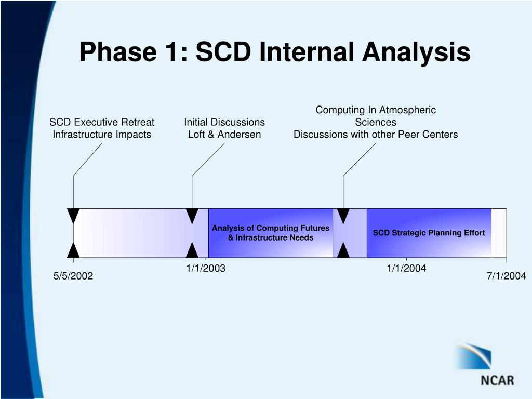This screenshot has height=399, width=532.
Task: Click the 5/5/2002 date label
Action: (73, 276)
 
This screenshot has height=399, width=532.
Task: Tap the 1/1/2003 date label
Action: (206, 269)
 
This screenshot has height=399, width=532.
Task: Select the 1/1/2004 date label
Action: (406, 269)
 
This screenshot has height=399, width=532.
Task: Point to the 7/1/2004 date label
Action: (507, 276)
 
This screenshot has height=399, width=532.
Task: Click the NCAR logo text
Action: (497, 380)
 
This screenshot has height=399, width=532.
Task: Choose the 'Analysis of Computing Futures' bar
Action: (270, 233)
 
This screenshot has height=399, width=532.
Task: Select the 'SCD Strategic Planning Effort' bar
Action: (429, 233)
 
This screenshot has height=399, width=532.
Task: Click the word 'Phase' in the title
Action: (118, 51)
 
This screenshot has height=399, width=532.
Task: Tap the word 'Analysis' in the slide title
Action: (416, 52)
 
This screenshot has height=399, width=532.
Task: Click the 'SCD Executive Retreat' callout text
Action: (102, 122)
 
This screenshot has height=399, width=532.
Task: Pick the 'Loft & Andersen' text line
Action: (224, 135)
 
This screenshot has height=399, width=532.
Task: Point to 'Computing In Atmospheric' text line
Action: (376, 110)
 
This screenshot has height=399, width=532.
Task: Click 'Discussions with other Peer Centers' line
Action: (376, 135)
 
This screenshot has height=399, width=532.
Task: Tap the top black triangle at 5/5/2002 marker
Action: (73, 216)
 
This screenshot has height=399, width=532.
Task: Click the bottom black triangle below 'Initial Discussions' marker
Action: (192, 250)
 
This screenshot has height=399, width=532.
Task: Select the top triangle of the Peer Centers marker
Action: (343, 216)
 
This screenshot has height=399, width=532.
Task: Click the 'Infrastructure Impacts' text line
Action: (102, 135)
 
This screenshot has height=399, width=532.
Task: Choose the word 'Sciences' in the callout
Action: (376, 122)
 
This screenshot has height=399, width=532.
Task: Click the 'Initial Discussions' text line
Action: (224, 122)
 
